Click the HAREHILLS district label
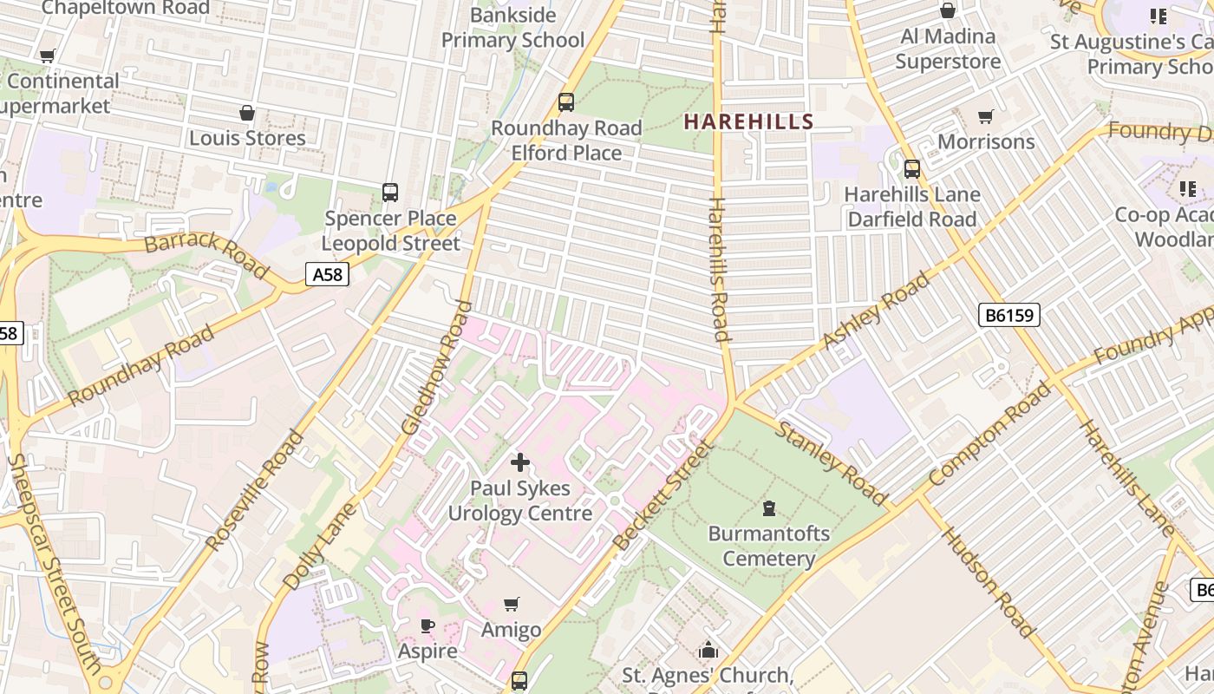click(748, 121)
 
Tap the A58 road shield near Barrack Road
click(328, 275)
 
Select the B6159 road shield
click(1009, 315)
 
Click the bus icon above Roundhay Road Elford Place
click(566, 102)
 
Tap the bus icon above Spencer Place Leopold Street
click(390, 193)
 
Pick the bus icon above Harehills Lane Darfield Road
click(911, 168)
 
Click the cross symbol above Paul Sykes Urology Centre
click(519, 463)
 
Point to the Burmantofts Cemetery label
click(769, 546)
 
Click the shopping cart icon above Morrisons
click(986, 116)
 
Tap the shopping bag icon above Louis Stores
click(247, 113)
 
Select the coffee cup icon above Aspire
click(427, 625)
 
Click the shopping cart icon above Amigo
click(512, 604)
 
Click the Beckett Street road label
click(662, 494)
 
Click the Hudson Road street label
click(989, 581)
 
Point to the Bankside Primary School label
click(512, 27)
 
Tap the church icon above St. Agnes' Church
click(708, 650)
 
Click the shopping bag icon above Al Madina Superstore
click(948, 10)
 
